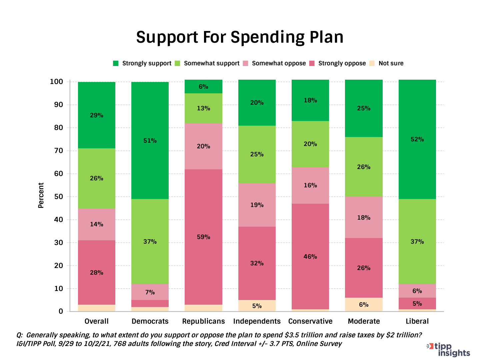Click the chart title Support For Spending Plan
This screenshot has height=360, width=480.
pos(240,37)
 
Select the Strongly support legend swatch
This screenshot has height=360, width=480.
pos(116,63)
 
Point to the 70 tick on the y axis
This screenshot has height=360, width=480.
pos(59,151)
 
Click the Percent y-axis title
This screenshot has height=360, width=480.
pos(41,195)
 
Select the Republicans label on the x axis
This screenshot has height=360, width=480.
pos(203,321)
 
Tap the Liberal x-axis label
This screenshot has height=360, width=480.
pos(417,321)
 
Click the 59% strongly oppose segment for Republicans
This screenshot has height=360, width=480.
pos(203,237)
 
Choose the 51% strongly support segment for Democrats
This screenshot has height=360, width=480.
pos(150,141)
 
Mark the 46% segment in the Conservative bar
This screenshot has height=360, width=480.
pos(310,257)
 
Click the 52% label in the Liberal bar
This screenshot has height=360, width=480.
pos(417,139)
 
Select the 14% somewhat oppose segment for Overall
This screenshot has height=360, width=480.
pos(97,224)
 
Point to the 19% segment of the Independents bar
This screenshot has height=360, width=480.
pos(257,205)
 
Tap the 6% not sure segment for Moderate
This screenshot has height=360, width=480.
pos(364,305)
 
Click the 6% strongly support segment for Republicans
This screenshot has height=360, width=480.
pos(203,87)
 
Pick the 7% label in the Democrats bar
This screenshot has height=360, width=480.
pos(150,292)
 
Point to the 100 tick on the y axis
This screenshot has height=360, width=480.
pos(56,82)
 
